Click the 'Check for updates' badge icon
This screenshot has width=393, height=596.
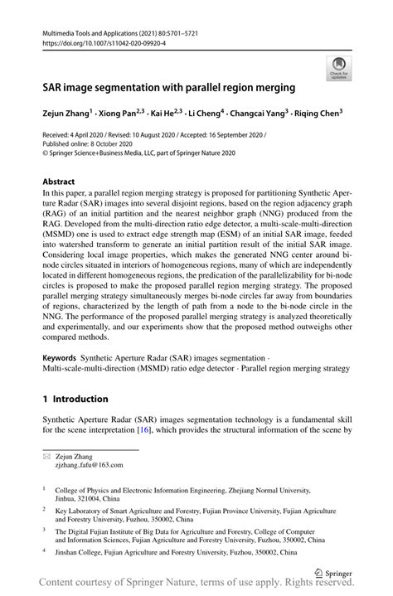338,68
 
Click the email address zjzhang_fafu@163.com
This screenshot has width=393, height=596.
90,466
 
